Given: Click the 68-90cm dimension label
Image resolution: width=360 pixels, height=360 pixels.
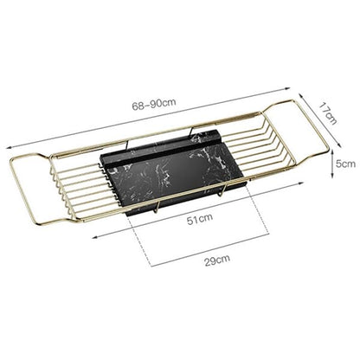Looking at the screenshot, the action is pos(154,104).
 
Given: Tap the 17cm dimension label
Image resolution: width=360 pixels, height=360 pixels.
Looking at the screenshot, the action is pos(328,113).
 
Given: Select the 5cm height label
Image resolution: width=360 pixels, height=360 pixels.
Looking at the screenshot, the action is pos(345,164).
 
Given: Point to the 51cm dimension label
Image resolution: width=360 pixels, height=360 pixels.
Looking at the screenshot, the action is pos(200,219).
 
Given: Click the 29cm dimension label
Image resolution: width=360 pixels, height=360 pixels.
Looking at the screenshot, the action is pos(217,260).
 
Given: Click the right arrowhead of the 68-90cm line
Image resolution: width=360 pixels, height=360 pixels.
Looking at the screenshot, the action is pos(287,88).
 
